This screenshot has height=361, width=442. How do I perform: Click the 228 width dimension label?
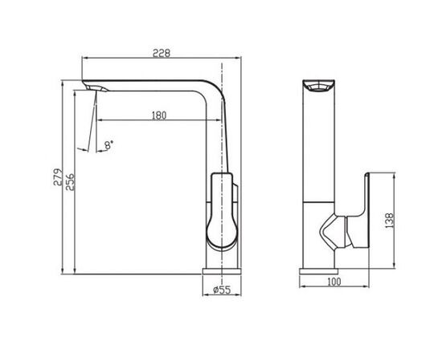[x=162, y=53]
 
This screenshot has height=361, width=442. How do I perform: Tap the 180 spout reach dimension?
[x=159, y=116]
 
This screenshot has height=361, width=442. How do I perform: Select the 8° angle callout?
[x=108, y=145]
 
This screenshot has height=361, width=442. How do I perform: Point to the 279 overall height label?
[x=58, y=177]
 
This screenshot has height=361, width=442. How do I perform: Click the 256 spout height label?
[x=70, y=182]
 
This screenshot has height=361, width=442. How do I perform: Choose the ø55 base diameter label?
[x=222, y=290]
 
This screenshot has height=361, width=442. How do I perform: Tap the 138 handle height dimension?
[x=389, y=221]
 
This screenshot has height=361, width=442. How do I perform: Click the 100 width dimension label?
[x=334, y=282]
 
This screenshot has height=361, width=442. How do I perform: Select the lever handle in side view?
[x=223, y=211]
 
